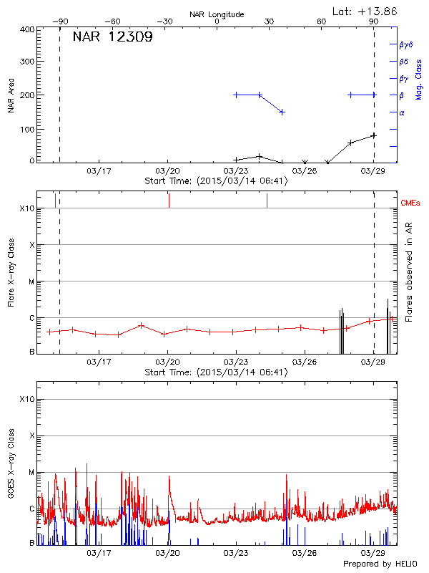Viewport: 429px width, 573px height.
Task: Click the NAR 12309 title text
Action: [112, 37]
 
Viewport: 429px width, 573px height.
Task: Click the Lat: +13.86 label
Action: [366, 11]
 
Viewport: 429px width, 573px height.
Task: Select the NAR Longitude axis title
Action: [217, 14]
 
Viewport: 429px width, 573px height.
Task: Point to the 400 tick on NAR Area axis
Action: [26, 29]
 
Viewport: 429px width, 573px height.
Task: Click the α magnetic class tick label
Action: [402, 112]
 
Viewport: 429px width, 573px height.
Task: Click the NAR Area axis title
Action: [11, 96]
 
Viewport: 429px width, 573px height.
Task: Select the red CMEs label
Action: [413, 202]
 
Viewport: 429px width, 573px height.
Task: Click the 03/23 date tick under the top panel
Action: [235, 172]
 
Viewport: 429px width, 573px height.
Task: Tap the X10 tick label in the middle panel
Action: [27, 208]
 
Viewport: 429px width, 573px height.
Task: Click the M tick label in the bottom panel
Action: [31, 473]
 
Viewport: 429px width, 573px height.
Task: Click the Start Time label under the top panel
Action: [216, 180]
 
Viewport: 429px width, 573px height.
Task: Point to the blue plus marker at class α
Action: [282, 112]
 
